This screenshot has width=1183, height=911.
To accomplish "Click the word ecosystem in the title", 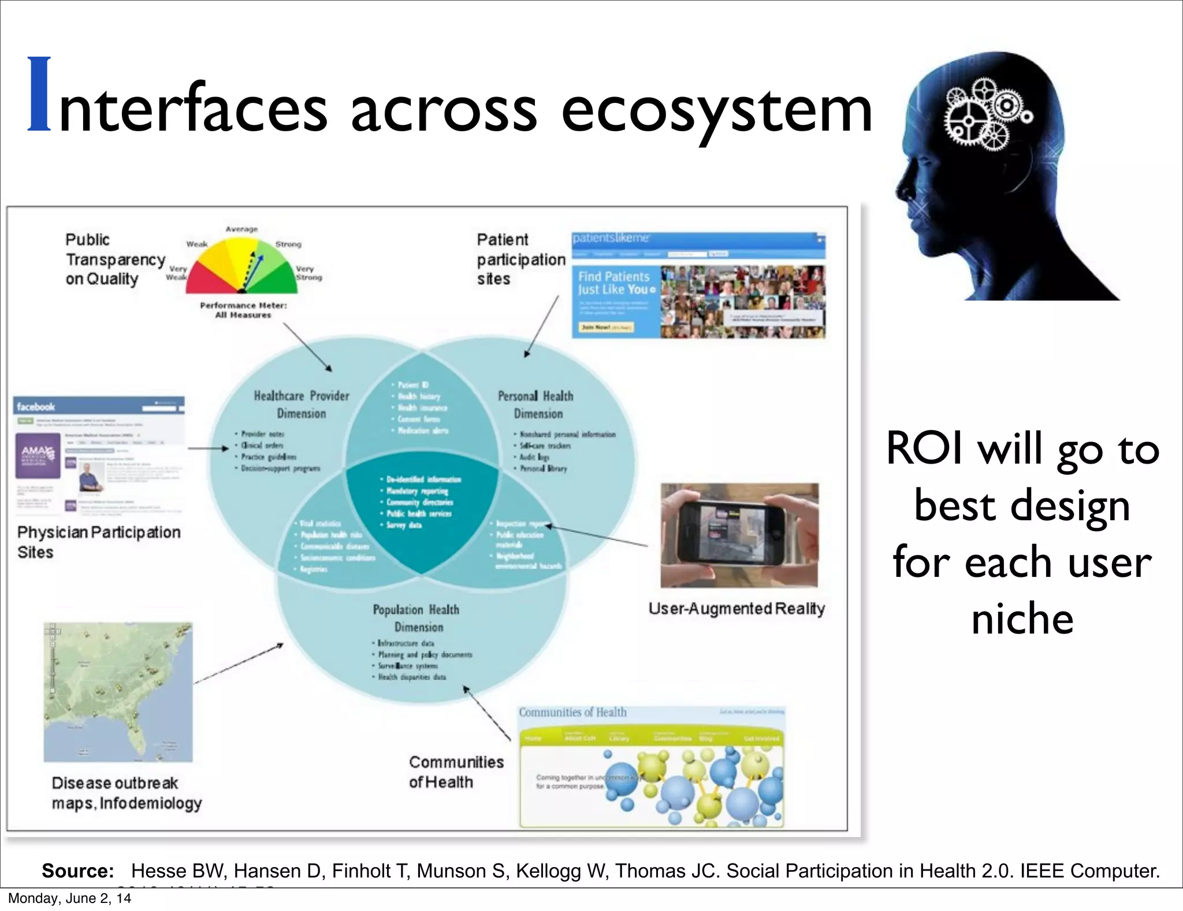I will [716, 110].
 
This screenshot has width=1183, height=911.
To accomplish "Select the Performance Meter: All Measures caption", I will [243, 310].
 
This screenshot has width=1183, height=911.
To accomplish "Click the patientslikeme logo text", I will [611, 238].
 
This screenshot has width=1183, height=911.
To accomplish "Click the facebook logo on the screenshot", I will [36, 406].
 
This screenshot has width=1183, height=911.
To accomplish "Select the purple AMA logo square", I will [38, 455].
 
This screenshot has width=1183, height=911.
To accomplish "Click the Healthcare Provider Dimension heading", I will [302, 404].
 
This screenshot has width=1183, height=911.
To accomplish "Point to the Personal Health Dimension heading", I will [536, 404].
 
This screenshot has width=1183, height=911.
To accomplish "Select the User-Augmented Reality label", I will [736, 608].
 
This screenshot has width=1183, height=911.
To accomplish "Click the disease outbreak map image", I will [118, 692].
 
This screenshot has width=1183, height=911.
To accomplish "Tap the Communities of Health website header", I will [572, 712].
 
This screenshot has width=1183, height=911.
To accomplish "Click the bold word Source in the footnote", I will [78, 871].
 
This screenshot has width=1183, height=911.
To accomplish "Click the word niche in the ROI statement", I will [1022, 619].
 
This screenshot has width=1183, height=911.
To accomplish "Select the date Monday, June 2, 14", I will [69, 898].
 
